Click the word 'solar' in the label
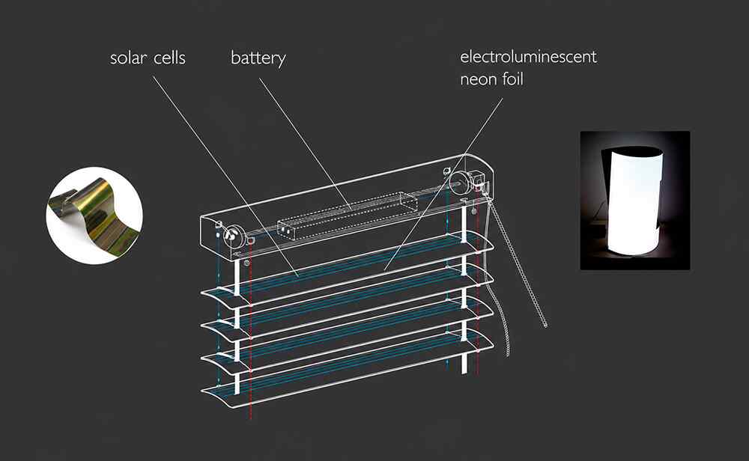tap(128, 58)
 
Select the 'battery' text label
tap(258, 58)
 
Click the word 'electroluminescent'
tap(528, 56)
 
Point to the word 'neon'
tap(478, 79)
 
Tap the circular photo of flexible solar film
tap(94, 216)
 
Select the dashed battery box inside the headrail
tap(348, 216)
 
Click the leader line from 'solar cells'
tap(225, 177)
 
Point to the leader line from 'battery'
tap(306, 144)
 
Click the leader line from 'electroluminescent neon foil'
tap(443, 184)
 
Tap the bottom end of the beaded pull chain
tap(545, 326)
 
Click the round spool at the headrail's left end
tap(233, 235)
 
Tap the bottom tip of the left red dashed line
tap(251, 420)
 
